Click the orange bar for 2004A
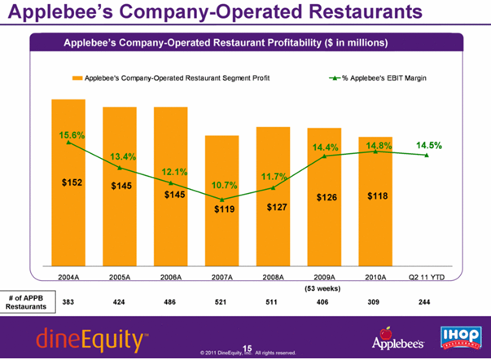tap(68, 228)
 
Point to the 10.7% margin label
tap(224, 186)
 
